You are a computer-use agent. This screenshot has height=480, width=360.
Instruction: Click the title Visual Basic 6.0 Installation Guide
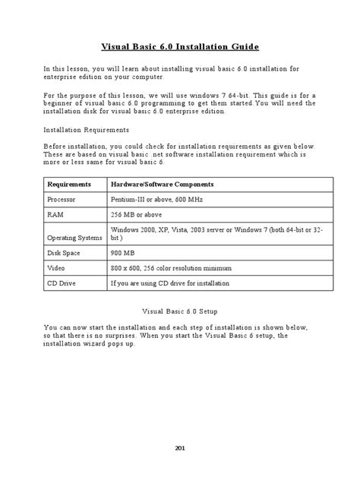click(180, 47)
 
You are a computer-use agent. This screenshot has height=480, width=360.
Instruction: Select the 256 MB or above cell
click(137, 215)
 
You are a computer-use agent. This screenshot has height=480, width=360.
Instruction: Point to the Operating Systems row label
click(74, 238)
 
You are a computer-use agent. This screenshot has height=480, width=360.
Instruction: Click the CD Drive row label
click(63, 283)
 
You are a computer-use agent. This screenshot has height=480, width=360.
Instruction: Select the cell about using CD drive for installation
click(169, 283)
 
